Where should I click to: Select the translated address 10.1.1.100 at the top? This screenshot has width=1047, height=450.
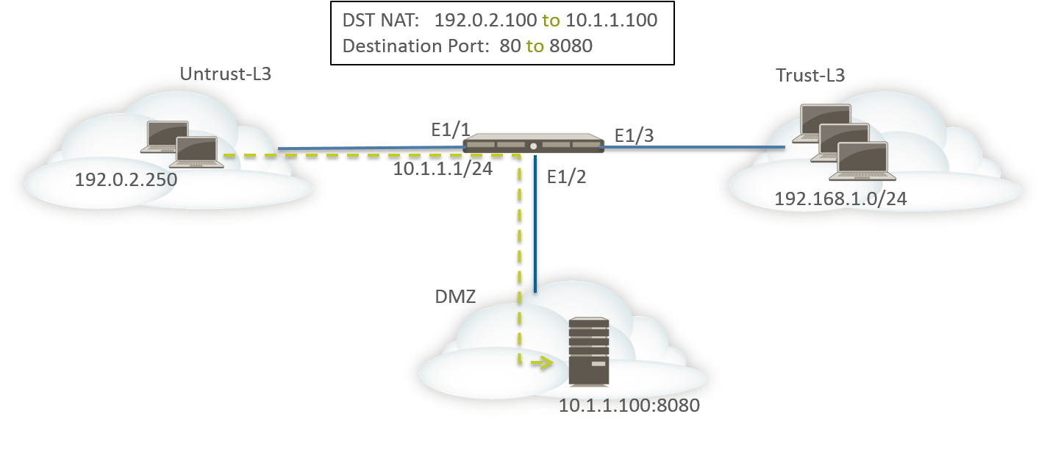612,20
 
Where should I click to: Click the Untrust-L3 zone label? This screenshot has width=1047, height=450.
226,74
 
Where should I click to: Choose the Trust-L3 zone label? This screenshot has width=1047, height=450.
810,75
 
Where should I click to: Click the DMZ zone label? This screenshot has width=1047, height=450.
451,296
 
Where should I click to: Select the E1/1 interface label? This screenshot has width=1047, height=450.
451,131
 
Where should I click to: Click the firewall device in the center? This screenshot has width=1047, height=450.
533,143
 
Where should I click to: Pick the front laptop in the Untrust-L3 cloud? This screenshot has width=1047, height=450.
196,152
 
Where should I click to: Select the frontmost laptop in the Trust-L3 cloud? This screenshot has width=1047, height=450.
861,161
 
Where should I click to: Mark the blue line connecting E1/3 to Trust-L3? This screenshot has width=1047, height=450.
691,148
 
